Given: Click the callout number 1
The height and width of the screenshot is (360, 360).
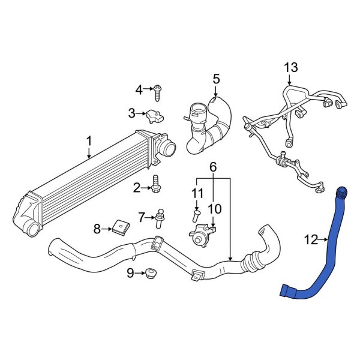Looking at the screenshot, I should tap(89, 141).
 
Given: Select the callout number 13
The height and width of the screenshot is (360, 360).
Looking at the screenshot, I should tap(290, 67).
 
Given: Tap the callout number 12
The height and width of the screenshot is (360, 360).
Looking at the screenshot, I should tap(310, 241).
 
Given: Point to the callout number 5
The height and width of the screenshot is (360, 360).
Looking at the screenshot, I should tap(216, 79).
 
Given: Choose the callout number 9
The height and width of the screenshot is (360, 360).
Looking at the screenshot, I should tap(130, 274).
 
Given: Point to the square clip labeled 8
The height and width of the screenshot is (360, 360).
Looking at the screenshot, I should tap(121, 227).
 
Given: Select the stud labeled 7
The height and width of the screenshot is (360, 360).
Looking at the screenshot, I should tap(160, 218).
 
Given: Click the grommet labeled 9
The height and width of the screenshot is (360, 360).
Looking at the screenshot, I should tap(150, 275).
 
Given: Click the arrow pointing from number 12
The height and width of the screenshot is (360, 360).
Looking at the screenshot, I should tap(323, 241).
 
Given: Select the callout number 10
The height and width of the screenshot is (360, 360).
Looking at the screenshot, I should tap(215, 209).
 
